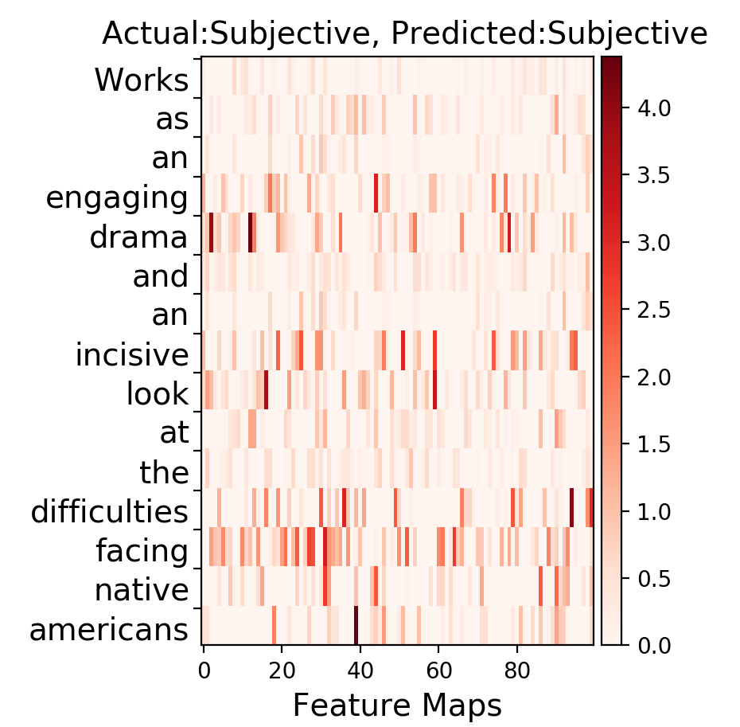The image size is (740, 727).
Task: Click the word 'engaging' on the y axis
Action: click(117, 199)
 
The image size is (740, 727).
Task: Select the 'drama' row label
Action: click(138, 236)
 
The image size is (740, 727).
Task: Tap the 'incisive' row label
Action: click(132, 354)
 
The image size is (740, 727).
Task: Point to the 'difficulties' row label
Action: click(110, 510)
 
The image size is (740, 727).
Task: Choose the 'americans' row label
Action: click(109, 630)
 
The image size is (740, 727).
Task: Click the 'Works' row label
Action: click(142, 80)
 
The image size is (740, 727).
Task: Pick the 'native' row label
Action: click(142, 590)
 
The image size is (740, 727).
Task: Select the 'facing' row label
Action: click(142, 552)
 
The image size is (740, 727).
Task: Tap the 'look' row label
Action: click(158, 393)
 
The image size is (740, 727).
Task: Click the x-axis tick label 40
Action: click(360, 670)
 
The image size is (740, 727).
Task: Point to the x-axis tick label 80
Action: click(517, 670)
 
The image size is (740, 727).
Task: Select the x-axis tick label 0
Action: click(204, 670)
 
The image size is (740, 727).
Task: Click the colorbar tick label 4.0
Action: click(653, 108)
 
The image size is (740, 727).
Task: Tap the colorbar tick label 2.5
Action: click(653, 310)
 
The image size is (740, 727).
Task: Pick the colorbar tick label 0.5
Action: click(653, 579)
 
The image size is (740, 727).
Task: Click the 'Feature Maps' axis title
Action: click(397, 706)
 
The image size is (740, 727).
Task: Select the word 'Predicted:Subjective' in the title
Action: click(549, 34)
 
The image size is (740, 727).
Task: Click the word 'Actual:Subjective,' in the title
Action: click(241, 34)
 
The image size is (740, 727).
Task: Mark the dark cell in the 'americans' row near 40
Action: click(356, 625)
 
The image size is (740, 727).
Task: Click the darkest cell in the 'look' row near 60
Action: click(434, 389)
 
